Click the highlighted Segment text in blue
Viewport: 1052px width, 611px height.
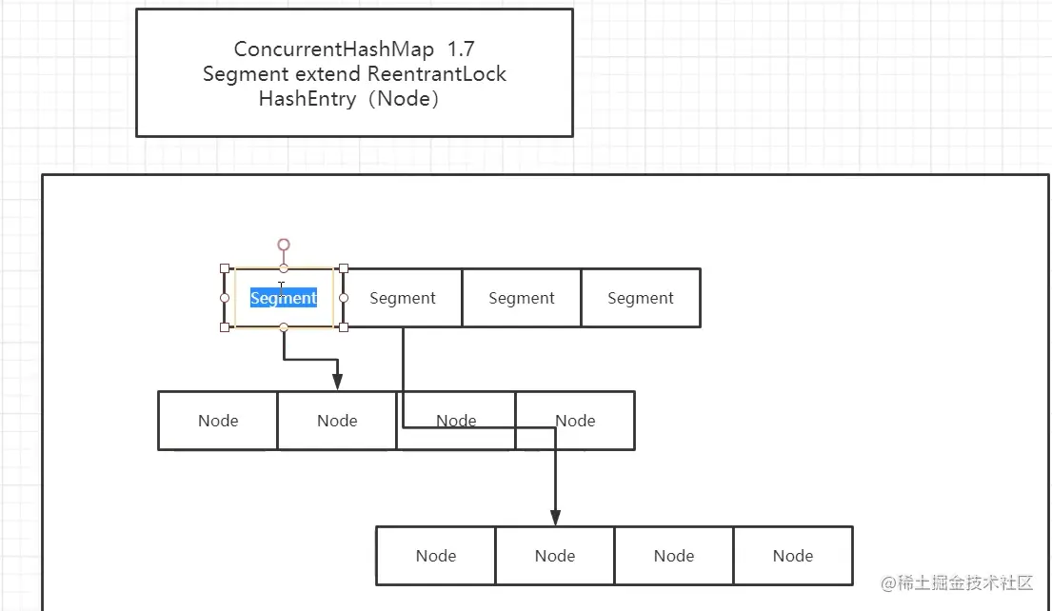tap(284, 298)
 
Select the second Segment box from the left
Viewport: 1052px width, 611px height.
tap(402, 298)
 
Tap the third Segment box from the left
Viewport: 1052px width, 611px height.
tap(522, 298)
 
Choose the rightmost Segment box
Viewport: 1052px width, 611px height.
tap(641, 298)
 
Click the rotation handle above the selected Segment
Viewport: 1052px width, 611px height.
tap(284, 246)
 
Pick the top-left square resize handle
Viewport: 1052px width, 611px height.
tap(225, 268)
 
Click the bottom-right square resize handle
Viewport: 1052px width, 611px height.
tap(344, 327)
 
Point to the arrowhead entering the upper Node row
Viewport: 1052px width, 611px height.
tap(338, 382)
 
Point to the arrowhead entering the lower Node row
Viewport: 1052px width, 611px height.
tap(555, 517)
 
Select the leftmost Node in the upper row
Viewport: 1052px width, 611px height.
tap(218, 421)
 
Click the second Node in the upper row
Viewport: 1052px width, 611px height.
tap(337, 421)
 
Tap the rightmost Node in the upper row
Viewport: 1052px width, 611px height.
tap(575, 421)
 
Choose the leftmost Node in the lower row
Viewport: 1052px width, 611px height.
tap(436, 556)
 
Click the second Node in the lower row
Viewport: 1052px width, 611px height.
tap(555, 556)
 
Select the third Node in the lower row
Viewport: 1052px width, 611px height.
tap(674, 556)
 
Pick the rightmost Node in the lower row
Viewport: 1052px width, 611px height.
tap(793, 556)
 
